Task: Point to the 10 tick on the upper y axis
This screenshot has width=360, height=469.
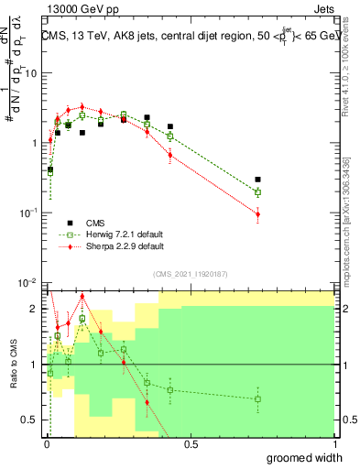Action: pos(31,73)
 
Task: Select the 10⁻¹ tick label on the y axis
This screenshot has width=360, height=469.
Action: pos(27,213)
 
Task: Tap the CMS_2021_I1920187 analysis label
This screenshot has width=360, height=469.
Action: pos(191,273)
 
